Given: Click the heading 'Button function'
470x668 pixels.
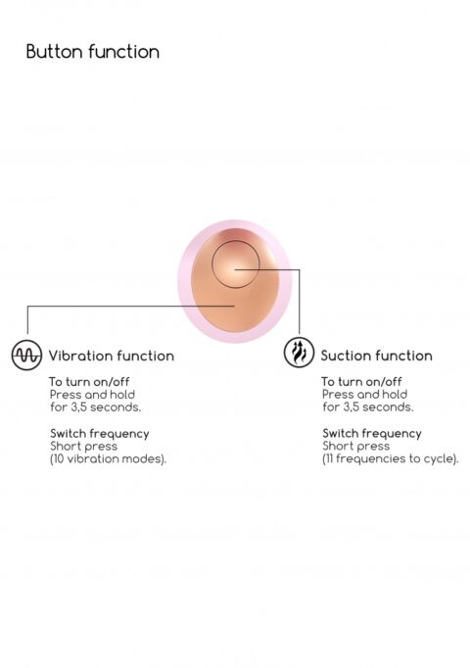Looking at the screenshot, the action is (93, 52).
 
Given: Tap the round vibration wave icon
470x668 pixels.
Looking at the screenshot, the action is (26, 355).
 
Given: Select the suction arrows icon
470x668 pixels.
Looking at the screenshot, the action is (299, 353).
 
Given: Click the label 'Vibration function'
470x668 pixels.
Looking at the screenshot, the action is (111, 356).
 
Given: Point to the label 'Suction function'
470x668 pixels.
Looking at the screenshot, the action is (376, 356).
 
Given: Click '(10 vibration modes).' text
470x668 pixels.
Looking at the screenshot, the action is (108, 459).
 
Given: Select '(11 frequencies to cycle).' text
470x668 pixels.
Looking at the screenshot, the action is (391, 458).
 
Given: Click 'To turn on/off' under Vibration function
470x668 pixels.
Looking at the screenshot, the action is (89, 381).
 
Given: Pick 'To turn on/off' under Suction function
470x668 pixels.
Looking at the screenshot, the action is (361, 381).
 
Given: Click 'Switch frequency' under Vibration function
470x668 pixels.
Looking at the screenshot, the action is (100, 434).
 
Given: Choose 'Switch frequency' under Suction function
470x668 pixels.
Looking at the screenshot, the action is (372, 433).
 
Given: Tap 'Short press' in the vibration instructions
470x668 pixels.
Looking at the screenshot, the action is (83, 447).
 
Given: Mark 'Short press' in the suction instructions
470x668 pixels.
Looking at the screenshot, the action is (355, 446).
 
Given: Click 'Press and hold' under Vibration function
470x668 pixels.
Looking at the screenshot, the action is (92, 395).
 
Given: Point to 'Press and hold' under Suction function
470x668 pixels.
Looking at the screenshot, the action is (364, 395).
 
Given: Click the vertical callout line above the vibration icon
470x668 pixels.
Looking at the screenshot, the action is (27, 320).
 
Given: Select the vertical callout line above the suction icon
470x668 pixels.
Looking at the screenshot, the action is (300, 302).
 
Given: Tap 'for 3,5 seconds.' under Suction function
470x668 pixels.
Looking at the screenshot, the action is (368, 407).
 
